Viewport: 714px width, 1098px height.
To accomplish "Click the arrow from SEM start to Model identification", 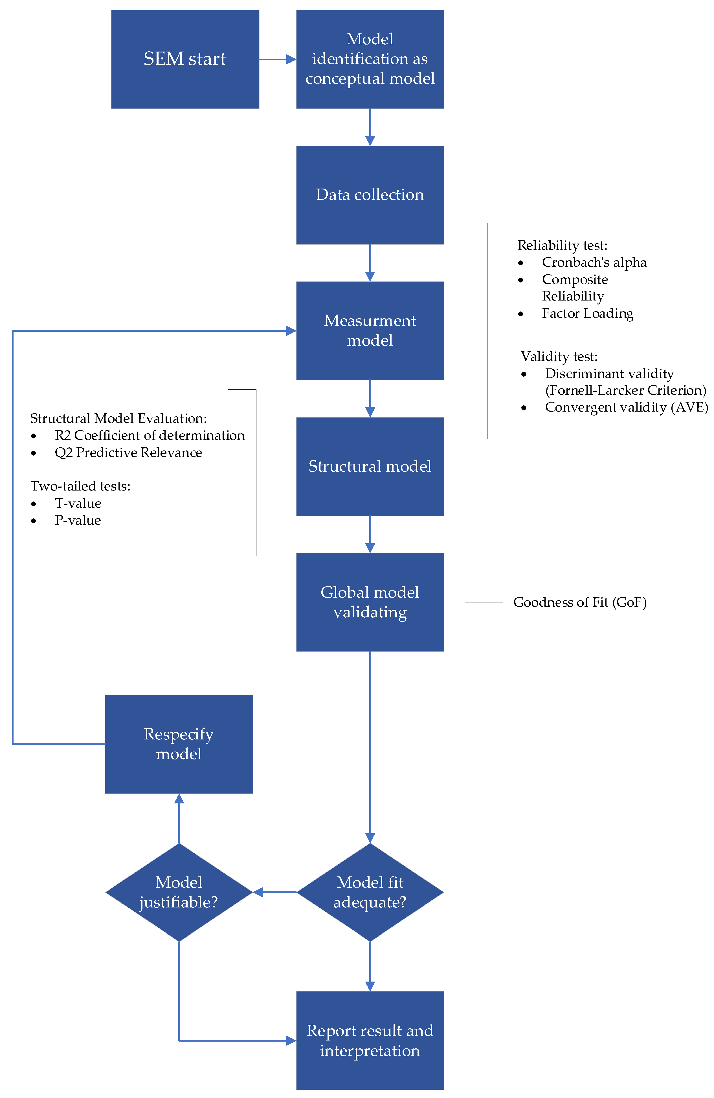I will coord(277,59).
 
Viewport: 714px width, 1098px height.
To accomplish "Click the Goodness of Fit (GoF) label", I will coord(580,602).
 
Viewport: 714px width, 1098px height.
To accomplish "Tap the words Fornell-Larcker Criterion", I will coord(625,390).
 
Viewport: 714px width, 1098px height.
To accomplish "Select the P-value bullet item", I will coord(78,520).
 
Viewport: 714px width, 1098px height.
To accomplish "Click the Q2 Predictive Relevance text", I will coord(128,452).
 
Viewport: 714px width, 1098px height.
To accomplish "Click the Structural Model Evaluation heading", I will coord(118,418).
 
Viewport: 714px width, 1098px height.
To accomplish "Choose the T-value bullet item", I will coord(78,503).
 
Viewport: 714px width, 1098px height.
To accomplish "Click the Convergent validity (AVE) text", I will coord(626,407).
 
